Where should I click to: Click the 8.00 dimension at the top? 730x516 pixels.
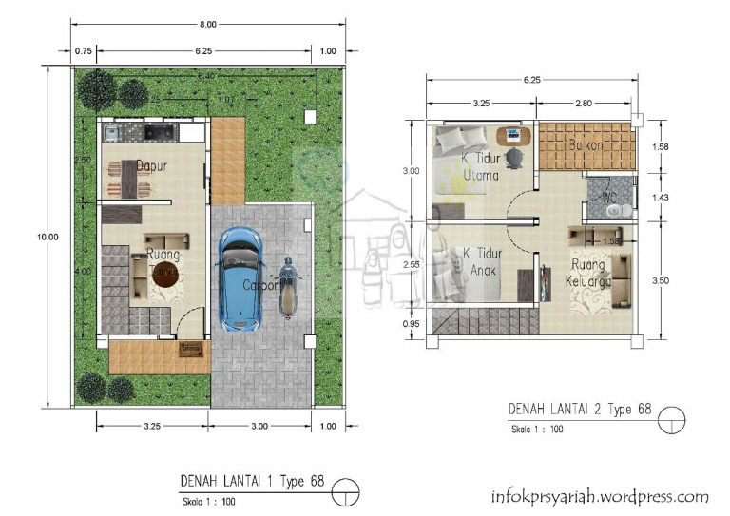click(206, 23)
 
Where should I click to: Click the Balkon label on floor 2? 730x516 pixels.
click(586, 146)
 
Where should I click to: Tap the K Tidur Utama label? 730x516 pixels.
click(480, 166)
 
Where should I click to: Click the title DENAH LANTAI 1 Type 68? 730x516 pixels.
click(252, 481)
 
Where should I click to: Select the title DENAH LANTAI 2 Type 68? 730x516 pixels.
click(580, 410)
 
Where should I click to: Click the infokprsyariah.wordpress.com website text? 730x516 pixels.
click(599, 496)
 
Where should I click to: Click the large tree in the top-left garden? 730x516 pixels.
click(97, 89)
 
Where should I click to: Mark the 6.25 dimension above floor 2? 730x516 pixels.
click(530, 81)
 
